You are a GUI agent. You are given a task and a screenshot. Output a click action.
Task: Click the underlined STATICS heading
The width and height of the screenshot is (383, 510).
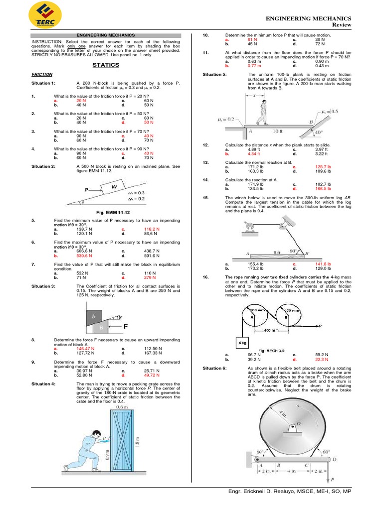click(x=106, y=65)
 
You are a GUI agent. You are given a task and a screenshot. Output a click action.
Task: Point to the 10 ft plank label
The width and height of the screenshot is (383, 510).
click(x=278, y=131)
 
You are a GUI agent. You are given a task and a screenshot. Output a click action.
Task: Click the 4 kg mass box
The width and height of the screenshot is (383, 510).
click(x=242, y=343)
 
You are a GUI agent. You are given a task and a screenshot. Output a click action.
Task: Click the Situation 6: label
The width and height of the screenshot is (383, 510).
click(x=214, y=368)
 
